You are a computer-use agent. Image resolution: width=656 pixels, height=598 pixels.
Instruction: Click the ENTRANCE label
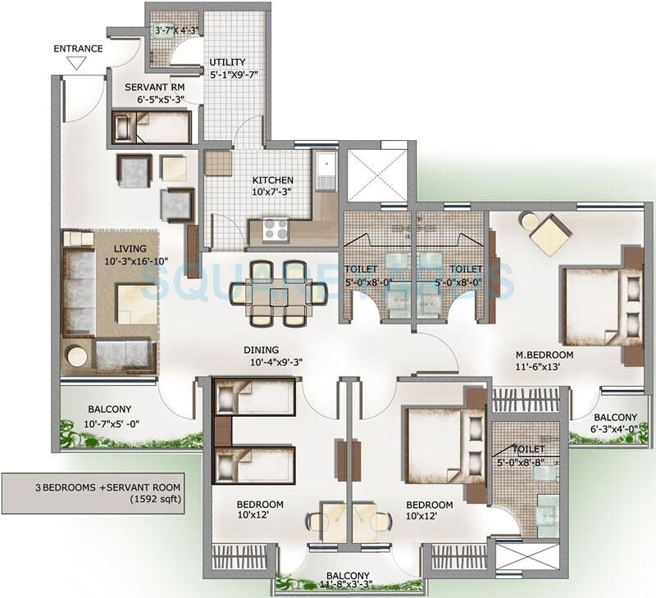tap(78, 48)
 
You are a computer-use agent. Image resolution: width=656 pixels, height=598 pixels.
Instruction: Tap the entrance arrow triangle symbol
tap(78, 63)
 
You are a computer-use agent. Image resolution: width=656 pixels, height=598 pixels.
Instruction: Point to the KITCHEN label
tap(273, 180)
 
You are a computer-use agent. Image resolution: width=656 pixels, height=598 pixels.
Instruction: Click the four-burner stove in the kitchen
tap(274, 231)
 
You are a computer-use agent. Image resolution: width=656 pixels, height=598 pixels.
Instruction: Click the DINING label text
tap(260, 348)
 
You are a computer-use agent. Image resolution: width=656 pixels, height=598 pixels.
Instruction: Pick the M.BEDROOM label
tap(544, 355)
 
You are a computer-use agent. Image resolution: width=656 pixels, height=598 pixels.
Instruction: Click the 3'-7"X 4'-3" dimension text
tap(177, 31)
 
